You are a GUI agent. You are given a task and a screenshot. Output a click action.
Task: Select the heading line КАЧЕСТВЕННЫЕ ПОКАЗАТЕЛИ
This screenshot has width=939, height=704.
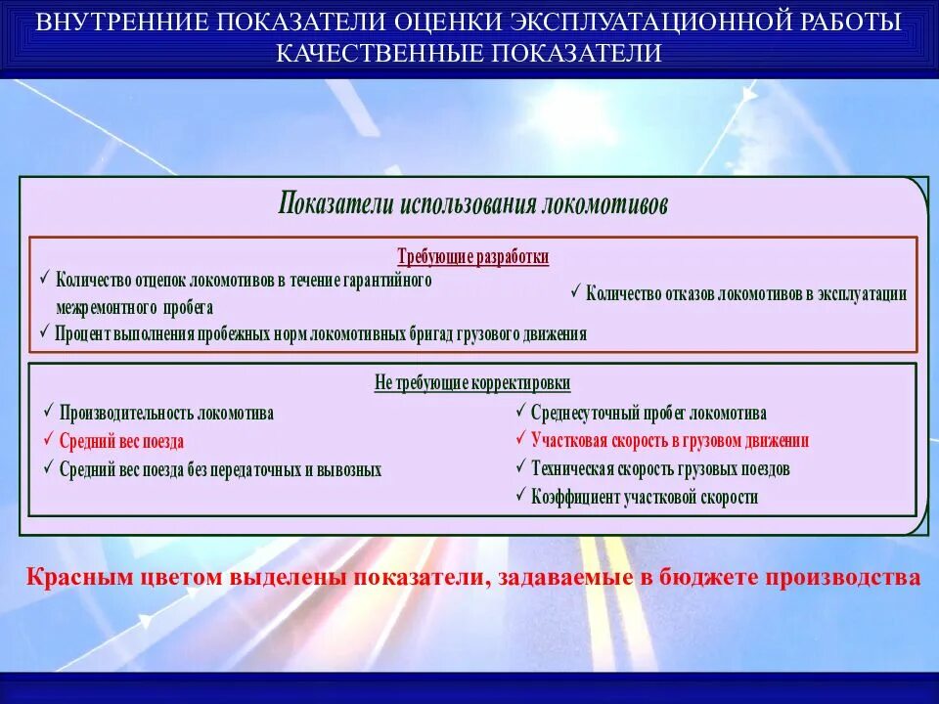pyautogui.click(x=469, y=53)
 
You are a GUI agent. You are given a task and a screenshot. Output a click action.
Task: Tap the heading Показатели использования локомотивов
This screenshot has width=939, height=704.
pyautogui.click(x=473, y=203)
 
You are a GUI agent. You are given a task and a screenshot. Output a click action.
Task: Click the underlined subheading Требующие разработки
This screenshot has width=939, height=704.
pyautogui.click(x=473, y=257)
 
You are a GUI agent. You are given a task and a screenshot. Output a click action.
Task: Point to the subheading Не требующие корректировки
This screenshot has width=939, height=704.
pyautogui.click(x=472, y=383)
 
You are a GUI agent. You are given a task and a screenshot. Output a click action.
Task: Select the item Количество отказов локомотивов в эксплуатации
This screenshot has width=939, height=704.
pyautogui.click(x=746, y=293)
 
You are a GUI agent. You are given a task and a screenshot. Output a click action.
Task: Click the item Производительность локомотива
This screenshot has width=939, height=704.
pyautogui.click(x=166, y=413)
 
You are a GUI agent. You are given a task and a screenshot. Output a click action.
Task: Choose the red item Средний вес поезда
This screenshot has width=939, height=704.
pyautogui.click(x=121, y=441)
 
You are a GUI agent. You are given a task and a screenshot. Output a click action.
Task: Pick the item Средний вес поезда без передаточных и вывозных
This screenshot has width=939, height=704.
pyautogui.click(x=220, y=469)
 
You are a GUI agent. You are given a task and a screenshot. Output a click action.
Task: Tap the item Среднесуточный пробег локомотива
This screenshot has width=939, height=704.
pyautogui.click(x=648, y=413)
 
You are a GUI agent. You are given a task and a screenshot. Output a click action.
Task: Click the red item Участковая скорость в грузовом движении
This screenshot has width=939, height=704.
pyautogui.click(x=670, y=441)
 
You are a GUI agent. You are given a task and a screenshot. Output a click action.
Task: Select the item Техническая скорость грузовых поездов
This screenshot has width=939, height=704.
pyautogui.click(x=660, y=469)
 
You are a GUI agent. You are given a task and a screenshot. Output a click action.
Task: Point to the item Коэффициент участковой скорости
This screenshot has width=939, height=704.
pyautogui.click(x=645, y=498)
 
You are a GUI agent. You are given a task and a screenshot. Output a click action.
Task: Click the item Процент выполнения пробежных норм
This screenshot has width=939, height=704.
pyautogui.click(x=321, y=334)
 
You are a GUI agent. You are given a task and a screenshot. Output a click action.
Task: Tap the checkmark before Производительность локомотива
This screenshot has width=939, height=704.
pyautogui.click(x=48, y=412)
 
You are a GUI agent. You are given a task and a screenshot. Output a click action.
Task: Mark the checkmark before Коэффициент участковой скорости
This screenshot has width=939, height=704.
pyautogui.click(x=520, y=496)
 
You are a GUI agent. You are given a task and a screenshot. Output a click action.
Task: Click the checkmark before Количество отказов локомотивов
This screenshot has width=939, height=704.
pyautogui.click(x=576, y=291)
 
